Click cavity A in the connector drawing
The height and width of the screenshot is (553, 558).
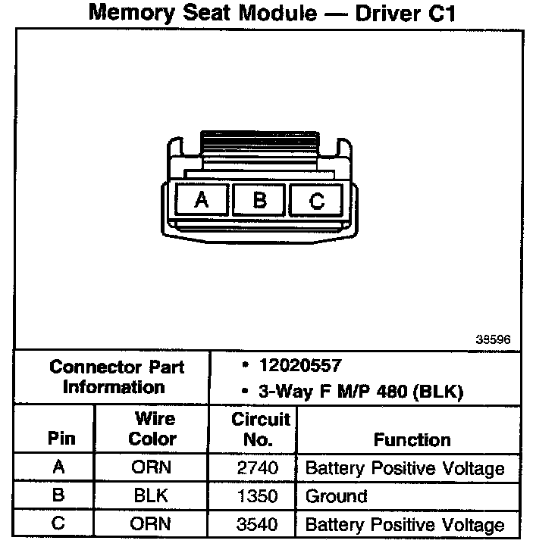point(202,200)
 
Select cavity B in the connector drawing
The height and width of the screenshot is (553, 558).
point(259,200)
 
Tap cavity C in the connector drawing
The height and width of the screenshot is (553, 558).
point(317,201)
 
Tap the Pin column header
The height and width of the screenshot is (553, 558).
point(61,439)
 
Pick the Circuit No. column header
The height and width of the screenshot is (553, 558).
point(261,429)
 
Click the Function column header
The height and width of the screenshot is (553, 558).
point(412,439)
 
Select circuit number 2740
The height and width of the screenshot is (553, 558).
point(257,468)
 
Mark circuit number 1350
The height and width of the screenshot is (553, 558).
point(257,497)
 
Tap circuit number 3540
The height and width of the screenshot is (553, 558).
point(257,524)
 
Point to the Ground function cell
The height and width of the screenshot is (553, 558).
point(336,497)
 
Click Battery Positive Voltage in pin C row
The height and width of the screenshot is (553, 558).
point(404,524)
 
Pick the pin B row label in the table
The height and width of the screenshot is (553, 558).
point(58,497)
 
